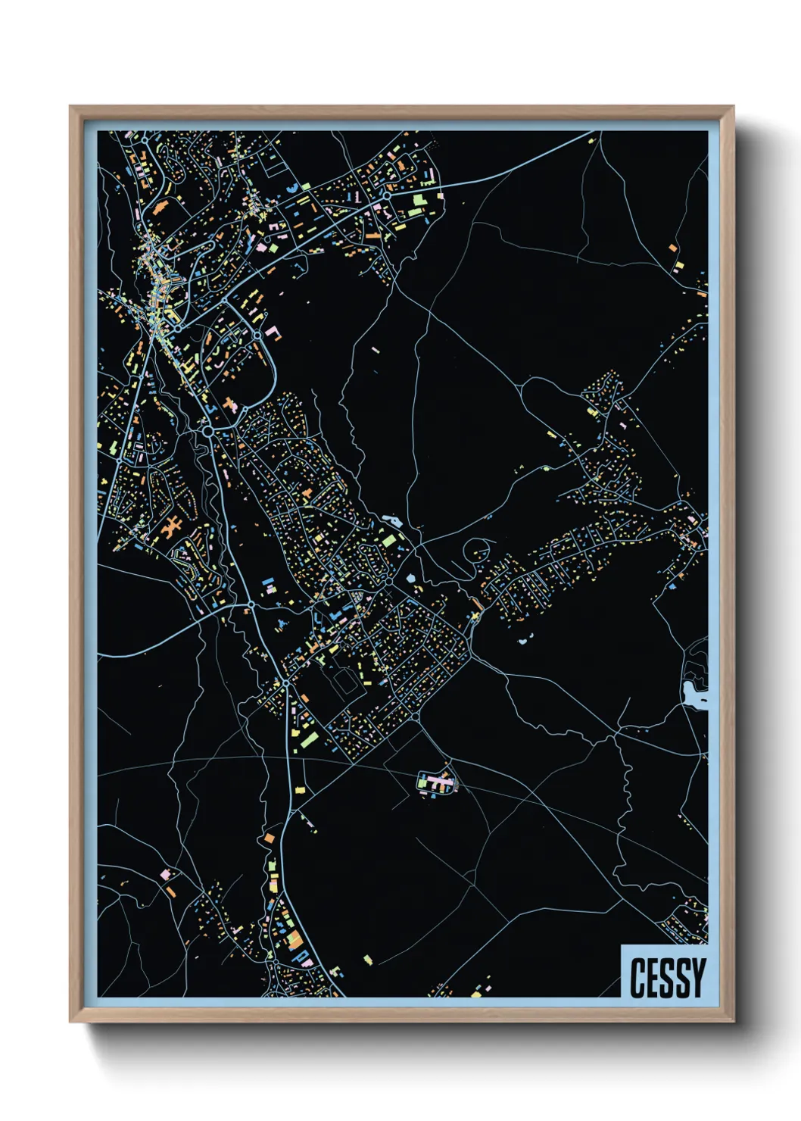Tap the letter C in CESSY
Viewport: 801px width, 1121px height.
637,977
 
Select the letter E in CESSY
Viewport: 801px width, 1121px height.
653,977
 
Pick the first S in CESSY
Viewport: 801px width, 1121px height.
667,977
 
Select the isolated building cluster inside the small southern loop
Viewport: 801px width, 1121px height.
437,783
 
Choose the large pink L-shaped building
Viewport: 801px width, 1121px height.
272,333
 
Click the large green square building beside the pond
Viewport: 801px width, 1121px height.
387,541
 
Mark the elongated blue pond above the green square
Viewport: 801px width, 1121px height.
393,520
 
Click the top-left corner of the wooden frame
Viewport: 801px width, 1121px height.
70,107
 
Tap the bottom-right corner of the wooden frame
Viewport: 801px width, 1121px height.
733,1022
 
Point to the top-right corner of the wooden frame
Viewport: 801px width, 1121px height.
733,107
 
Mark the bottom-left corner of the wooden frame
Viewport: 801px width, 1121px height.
70,1022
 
